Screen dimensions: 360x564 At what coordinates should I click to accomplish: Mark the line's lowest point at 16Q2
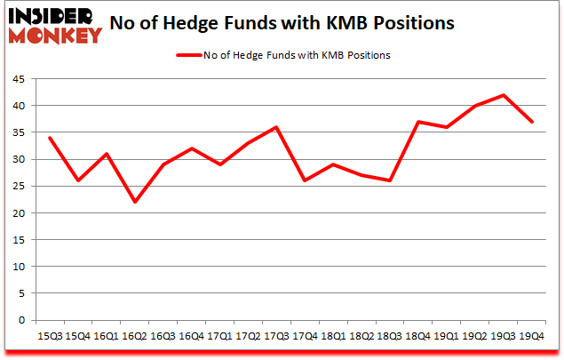pyautogui.click(x=136, y=202)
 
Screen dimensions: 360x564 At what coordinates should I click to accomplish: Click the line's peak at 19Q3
pyautogui.click(x=504, y=95)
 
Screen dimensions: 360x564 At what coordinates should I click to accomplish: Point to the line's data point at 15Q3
pyautogui.click(x=49, y=138)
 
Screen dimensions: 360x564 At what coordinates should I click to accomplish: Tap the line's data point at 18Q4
pyautogui.click(x=417, y=122)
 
